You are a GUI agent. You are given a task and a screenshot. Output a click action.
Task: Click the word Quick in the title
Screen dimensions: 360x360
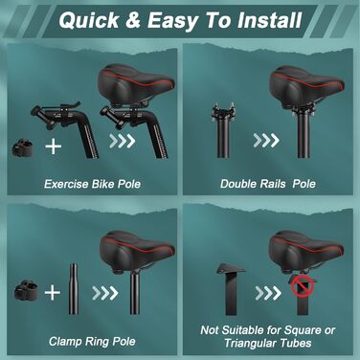click(89, 20)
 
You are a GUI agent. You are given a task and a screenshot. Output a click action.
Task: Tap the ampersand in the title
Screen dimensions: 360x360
click(133, 20)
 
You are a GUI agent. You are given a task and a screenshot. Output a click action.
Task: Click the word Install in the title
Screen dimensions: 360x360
click(269, 20)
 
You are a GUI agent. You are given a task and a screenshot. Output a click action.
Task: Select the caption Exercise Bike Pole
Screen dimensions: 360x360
click(92, 184)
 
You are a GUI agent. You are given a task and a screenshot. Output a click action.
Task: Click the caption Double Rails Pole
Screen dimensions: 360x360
click(268, 184)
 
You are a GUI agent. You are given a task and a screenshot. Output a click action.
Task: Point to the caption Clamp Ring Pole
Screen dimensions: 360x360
click(92, 342)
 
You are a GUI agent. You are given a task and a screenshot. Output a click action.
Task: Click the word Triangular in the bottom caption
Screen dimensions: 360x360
click(251, 343)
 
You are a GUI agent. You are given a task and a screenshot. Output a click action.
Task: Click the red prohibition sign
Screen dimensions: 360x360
click(303, 286)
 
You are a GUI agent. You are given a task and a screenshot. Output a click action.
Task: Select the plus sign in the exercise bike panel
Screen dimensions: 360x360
click(54, 146)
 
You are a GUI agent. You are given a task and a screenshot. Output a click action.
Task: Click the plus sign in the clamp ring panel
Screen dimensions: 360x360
click(52, 293)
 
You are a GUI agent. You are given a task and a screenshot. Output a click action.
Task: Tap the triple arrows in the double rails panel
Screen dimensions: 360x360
click(266, 140)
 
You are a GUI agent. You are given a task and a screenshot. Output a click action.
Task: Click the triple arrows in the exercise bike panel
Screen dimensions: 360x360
click(122, 141)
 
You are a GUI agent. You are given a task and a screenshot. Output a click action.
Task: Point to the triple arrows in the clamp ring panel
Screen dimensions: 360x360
click(105, 293)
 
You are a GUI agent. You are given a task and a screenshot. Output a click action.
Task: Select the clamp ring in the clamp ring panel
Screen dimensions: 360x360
click(26, 290)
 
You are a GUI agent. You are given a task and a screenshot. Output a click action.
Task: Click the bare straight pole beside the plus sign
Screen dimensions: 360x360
click(74, 288)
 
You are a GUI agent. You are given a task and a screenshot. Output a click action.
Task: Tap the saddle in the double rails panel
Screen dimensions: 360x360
click(306, 85)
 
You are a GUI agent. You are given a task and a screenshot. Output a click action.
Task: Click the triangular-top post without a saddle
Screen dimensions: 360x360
click(231, 288)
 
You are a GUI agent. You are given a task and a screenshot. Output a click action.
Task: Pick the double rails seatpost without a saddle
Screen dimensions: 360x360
click(222, 130)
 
